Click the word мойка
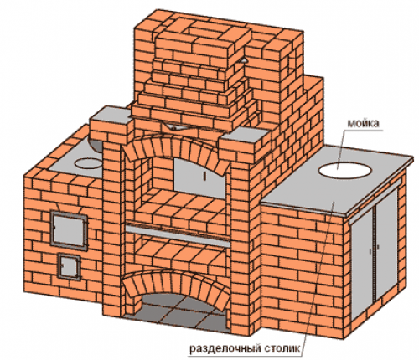point(363,123)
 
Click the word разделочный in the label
point(225,349)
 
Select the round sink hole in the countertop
point(345,170)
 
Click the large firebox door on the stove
point(69,229)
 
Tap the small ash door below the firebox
point(70,265)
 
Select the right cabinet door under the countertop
point(387,244)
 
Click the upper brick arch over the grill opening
point(176,148)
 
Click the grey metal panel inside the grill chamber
point(198,177)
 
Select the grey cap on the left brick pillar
point(111,116)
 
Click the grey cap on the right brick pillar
point(245,135)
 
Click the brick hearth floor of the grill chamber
point(181,207)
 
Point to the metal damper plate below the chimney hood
point(178,127)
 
